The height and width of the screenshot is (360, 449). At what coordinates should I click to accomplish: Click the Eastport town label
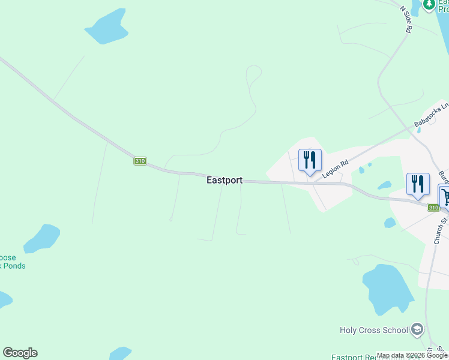(x=224, y=180)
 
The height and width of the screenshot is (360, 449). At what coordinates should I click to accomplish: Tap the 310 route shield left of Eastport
(x=140, y=161)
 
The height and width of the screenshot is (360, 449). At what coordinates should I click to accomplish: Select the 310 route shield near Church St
(x=433, y=208)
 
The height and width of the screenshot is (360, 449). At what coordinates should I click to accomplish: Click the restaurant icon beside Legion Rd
(x=310, y=160)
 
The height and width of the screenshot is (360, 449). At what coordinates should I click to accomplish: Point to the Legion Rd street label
(x=336, y=168)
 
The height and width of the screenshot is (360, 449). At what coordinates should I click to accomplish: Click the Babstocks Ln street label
(x=432, y=116)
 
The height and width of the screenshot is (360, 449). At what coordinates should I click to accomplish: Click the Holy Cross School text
(x=374, y=330)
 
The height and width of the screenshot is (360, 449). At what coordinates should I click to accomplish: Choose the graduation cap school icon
(x=418, y=329)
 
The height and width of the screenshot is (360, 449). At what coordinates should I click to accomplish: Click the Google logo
(x=20, y=353)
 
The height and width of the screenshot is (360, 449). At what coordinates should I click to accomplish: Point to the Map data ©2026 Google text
(x=412, y=355)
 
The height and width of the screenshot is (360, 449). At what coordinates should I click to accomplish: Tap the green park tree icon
(x=429, y=5)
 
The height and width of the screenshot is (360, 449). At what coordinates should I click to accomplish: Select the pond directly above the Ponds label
(x=42, y=238)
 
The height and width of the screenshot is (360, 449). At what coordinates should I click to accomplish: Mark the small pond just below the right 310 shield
(x=390, y=223)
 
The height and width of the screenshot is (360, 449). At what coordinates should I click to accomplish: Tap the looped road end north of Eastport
(x=254, y=74)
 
